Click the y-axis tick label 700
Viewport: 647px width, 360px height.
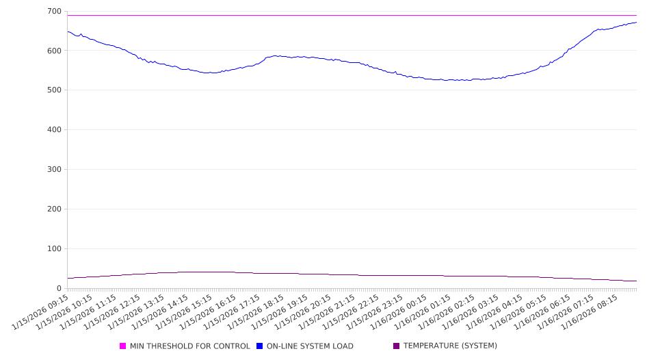point(54,11)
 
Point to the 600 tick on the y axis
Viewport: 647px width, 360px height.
point(54,51)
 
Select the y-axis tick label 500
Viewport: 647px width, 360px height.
point(54,90)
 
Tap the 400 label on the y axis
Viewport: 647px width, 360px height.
point(54,130)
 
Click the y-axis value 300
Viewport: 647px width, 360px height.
point(54,170)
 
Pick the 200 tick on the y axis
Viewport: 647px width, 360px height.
point(54,209)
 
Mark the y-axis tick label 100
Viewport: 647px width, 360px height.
point(54,249)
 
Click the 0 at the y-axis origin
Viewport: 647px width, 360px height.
point(60,288)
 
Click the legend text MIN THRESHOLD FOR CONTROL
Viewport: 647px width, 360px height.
point(189,346)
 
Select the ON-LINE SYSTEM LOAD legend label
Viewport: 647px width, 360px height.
point(310,346)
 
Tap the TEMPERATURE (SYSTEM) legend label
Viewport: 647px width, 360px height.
point(450,346)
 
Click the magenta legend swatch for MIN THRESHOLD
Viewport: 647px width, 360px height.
point(123,346)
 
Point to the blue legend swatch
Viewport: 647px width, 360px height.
point(260,346)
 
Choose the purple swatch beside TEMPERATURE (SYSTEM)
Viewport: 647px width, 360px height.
point(397,346)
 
